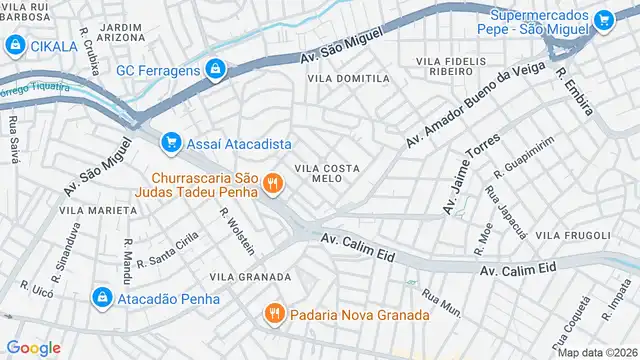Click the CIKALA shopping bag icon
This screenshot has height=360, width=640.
16,45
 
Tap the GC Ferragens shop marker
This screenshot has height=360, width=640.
214,69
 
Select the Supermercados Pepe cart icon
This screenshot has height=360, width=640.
603,20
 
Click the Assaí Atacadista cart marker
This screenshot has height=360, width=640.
171,143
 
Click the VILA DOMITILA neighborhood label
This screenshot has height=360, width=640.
348,78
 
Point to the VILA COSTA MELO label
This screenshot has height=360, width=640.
326,173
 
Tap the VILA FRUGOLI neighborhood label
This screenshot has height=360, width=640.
573,235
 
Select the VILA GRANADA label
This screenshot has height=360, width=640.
250,277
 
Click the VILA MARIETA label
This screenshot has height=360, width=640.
97,211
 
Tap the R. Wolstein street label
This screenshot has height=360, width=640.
237,231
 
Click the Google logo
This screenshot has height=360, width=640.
33,347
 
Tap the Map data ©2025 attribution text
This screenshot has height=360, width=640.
597,352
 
